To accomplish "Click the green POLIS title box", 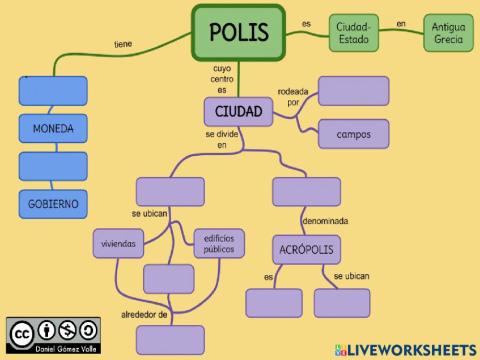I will tap(239, 32).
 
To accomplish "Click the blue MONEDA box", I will tap(53, 129).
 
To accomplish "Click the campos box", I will tap(353, 133).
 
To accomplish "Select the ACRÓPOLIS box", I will tap(306, 248).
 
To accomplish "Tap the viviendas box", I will tap(119, 243).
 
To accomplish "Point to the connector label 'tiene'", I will tap(123, 44).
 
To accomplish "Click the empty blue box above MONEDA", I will tap(53, 90).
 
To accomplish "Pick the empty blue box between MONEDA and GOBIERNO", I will tap(53, 166).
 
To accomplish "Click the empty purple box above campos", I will tap(353, 91).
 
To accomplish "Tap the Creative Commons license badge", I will tap(53, 334).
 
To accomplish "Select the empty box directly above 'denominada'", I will tap(306, 191).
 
